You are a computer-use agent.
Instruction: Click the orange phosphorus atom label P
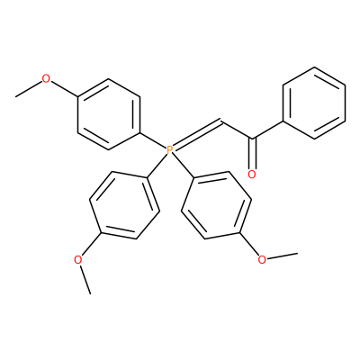(x=169, y=149)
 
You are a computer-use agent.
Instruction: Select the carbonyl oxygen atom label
(x=252, y=175)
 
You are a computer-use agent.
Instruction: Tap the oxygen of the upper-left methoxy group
(x=46, y=79)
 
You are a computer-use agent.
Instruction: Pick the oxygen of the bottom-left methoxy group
(x=78, y=259)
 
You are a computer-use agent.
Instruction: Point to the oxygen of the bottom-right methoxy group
(x=262, y=259)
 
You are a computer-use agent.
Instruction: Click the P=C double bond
(x=197, y=133)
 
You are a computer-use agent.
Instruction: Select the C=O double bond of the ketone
(x=253, y=153)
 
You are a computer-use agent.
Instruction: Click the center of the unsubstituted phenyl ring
(x=314, y=103)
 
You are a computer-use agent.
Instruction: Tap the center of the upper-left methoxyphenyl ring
(x=109, y=114)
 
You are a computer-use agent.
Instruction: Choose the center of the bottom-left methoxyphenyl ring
(x=124, y=205)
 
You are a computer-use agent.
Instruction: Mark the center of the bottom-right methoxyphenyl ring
(x=216, y=205)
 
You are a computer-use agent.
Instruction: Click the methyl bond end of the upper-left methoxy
(x=16, y=96)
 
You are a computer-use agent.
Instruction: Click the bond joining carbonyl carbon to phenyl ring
(x=268, y=130)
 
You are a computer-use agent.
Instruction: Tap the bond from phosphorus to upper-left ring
(x=153, y=140)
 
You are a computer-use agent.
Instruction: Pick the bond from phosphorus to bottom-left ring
(x=157, y=166)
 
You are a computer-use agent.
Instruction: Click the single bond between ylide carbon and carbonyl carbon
(x=238, y=130)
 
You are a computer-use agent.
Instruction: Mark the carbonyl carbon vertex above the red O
(x=253, y=139)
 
